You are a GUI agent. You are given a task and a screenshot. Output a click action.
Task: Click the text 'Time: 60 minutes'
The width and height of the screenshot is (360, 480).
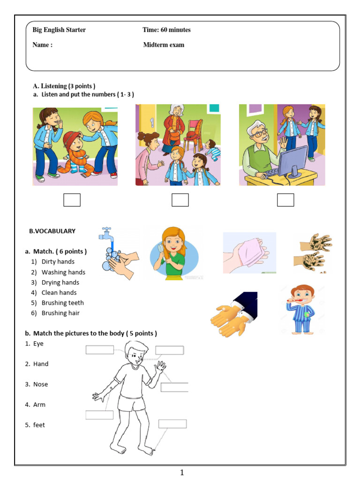coord(166,30)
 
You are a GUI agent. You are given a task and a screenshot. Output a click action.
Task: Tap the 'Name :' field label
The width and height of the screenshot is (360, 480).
coord(42,45)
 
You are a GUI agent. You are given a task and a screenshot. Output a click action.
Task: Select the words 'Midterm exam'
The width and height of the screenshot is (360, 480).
coord(164,45)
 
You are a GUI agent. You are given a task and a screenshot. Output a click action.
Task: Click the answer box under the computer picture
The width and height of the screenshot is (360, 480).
coord(285,200)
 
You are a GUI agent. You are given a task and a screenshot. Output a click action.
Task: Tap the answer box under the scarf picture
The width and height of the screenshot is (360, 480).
coord(72,200)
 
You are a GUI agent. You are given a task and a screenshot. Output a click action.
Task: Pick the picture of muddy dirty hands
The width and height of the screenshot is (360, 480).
coord(313,253)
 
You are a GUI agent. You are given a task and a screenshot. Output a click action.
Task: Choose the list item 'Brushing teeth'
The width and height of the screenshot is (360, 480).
coord(62,303)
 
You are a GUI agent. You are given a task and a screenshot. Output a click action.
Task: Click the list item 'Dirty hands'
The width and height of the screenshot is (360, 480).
coord(58,262)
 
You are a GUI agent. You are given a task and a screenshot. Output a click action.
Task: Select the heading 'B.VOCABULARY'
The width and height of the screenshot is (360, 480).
coord(52,231)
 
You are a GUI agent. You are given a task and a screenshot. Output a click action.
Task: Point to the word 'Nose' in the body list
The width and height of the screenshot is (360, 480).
coord(40,384)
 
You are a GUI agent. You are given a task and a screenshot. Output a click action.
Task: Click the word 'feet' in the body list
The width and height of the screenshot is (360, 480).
coord(39,425)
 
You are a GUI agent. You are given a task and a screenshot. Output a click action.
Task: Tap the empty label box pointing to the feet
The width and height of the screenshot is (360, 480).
coord(172,424)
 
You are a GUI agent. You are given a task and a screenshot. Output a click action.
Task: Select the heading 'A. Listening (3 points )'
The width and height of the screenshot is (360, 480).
coord(64,86)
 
